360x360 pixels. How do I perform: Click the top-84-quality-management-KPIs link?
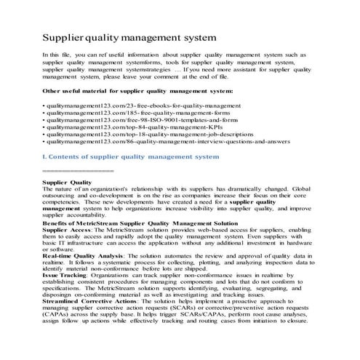[x=116, y=134]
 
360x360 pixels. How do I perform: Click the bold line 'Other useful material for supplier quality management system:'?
[x=137, y=90]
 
